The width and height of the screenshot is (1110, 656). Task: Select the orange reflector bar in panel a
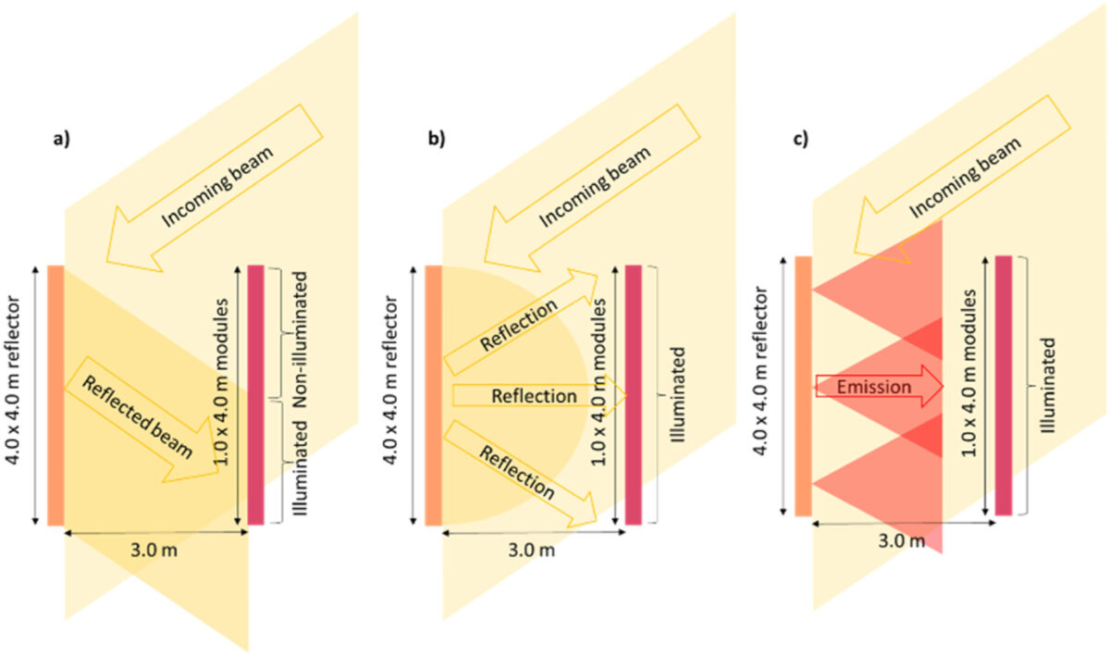click(55, 395)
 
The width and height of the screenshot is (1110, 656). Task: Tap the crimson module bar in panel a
click(256, 395)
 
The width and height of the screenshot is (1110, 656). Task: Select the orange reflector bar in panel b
click(433, 395)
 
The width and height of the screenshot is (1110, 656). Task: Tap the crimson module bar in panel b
click(634, 395)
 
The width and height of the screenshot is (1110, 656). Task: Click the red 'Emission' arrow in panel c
click(876, 387)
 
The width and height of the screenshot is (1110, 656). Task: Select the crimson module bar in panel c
click(1003, 384)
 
